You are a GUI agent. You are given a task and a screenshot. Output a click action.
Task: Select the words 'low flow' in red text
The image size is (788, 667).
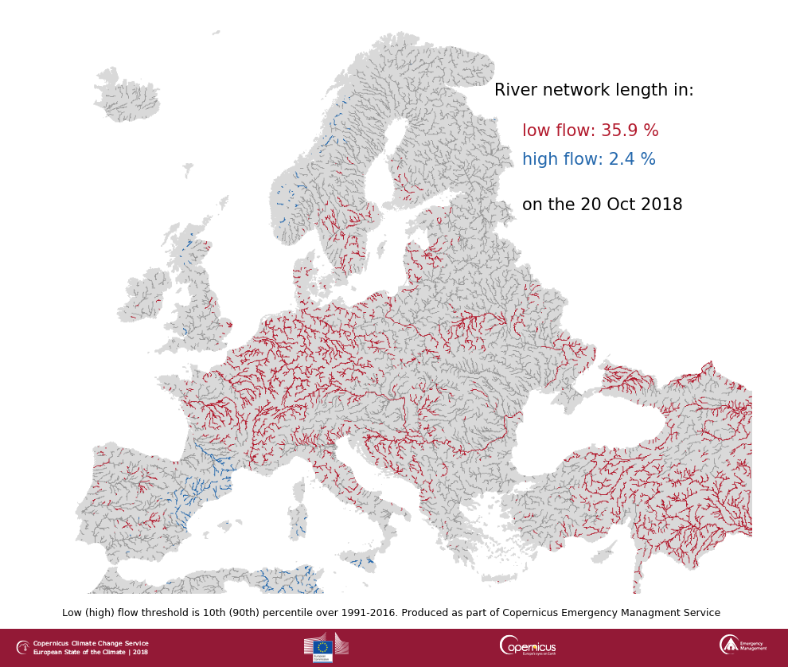[x=554, y=131]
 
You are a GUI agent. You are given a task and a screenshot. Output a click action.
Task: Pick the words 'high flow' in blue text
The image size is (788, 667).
[x=558, y=160]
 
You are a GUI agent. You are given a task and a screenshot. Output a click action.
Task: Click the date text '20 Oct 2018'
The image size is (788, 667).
[x=631, y=205]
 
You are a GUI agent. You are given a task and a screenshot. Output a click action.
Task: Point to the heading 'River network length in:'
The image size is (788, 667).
[x=594, y=91]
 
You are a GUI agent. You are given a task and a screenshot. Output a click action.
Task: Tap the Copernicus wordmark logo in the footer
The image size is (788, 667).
[x=528, y=646]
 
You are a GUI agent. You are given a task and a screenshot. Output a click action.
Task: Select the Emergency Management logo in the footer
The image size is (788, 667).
[x=743, y=645]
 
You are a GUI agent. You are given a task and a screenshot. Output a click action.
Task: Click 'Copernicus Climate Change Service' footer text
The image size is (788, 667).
[x=91, y=643]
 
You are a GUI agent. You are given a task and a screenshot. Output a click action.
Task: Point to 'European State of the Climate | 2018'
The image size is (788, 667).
[x=91, y=652]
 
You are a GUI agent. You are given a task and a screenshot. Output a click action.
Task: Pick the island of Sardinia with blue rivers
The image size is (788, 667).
[x=298, y=522]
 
